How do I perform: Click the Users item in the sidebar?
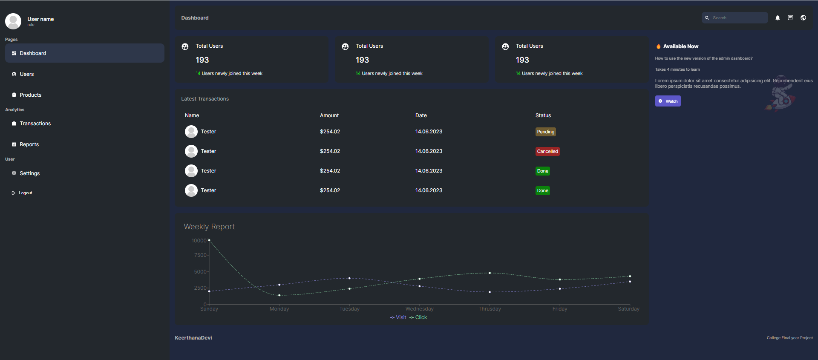pos(26,74)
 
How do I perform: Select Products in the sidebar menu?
pos(30,95)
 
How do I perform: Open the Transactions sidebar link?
pos(35,124)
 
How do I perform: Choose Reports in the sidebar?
pos(29,144)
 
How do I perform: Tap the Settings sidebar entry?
pos(29,173)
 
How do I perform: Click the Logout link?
pos(25,193)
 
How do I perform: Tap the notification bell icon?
pos(778,18)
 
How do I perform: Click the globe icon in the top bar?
pos(803,18)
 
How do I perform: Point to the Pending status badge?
pos(545,132)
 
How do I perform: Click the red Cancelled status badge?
pos(547,152)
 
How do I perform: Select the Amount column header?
pos(329,115)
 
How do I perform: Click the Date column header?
pos(421,115)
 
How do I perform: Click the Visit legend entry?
pos(398,317)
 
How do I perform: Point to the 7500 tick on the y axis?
pos(200,255)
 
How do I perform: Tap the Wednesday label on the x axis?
pos(419,309)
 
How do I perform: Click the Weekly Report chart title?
pos(209,227)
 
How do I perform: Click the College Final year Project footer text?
pos(789,338)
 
